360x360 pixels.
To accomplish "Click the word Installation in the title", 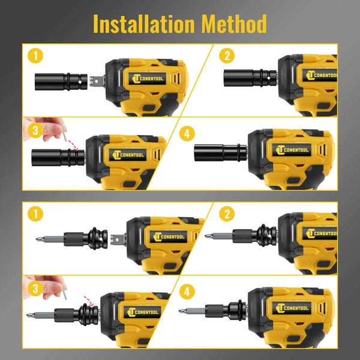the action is pos(144,24).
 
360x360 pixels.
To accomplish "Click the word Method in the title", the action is pos(234,24).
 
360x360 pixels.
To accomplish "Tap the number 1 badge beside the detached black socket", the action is pos(35,56).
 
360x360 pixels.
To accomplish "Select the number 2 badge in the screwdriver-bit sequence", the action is pos(227,214).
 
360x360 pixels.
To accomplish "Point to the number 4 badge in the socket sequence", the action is pos(187,134).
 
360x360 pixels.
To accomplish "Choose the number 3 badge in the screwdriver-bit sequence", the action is pos(35,289).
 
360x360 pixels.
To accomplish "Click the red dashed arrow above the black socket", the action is pos(73,145).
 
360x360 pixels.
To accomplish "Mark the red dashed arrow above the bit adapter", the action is pos(89,301).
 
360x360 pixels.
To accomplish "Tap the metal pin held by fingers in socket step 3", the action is pos(65,136).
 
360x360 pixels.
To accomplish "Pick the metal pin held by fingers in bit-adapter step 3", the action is pos(65,294).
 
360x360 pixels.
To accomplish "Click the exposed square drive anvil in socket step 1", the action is pos(97,81).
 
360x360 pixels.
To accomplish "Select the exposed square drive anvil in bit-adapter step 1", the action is pos(118,239).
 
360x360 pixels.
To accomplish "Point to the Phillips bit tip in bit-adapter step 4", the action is pos(181,311).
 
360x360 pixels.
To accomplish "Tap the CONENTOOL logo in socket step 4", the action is pos(292,150).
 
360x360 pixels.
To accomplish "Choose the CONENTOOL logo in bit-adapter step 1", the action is pos(169,236).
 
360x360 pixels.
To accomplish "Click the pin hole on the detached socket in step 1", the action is pos(80,82).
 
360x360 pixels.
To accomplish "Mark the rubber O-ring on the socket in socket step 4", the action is pos(239,152).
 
